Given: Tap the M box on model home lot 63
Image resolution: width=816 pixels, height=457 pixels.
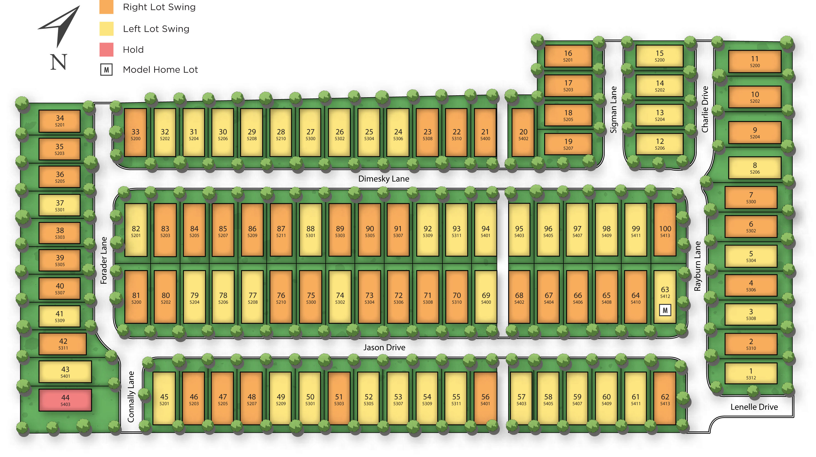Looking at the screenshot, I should coord(665,310).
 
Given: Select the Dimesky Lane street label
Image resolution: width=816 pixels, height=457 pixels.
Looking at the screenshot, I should coord(384,179).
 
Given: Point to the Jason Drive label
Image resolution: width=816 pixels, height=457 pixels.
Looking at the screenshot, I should coord(384,347).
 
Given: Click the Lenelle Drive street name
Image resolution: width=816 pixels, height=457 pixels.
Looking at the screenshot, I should coord(754,407).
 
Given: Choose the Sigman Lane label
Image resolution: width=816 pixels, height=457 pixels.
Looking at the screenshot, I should coord(614,110).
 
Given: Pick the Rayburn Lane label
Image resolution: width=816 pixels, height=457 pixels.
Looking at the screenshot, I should coord(698,266).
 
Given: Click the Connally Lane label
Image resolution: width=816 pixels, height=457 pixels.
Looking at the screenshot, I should coord(131,397).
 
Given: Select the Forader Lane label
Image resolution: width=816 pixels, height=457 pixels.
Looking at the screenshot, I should coord(104,260).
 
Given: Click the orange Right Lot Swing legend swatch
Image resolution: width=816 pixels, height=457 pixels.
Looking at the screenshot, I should coord(106,7).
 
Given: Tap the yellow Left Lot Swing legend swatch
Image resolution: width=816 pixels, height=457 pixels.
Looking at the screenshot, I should coord(106,29).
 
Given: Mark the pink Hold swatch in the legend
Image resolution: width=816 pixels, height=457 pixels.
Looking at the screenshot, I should coord(106,50).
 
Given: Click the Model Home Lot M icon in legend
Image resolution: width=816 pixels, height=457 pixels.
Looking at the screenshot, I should coord(106,70).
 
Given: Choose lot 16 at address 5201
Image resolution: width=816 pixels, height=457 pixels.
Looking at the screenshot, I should coord(568,56).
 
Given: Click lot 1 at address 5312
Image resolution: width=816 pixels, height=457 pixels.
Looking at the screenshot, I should coord(751,374).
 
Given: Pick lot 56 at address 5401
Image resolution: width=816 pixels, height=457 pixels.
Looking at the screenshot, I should coord(485,399).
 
